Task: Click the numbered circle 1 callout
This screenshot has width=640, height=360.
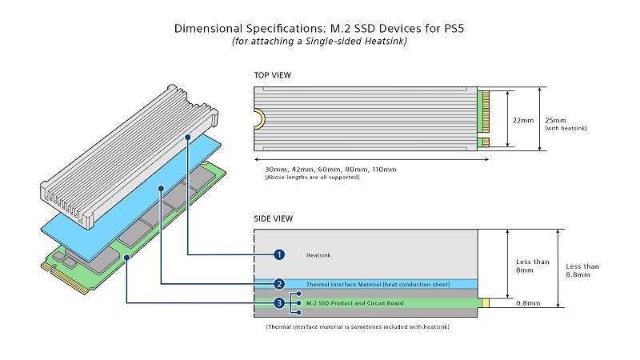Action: point(279,254)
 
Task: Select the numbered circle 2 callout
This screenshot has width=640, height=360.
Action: point(279,284)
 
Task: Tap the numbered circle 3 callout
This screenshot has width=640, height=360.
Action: point(279,303)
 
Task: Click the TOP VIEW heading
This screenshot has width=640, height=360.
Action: point(273,75)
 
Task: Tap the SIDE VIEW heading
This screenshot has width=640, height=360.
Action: point(274,218)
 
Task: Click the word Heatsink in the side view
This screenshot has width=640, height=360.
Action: point(318,255)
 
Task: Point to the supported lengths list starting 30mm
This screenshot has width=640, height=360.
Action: point(324,170)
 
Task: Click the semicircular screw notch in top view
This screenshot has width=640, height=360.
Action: point(259,119)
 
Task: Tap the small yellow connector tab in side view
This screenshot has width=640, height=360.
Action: point(483,304)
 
